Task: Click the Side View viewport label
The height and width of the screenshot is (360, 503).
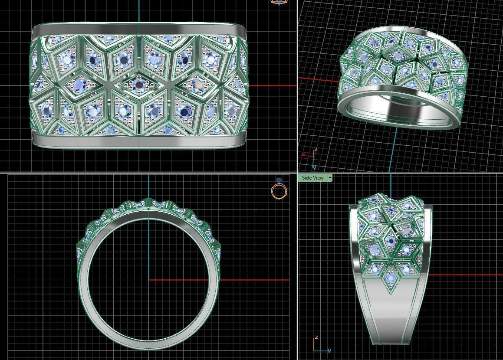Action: (x=312, y=178)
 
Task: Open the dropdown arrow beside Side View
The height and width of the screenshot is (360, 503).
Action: (x=330, y=178)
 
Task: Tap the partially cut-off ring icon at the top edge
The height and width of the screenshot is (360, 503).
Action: (x=279, y=2)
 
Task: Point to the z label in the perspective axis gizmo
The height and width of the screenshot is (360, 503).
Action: (x=316, y=150)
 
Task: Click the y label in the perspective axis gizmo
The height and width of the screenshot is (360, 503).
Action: (x=314, y=167)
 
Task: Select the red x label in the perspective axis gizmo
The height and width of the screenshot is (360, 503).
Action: (x=303, y=154)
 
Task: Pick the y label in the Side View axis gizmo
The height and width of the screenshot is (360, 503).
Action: (x=329, y=350)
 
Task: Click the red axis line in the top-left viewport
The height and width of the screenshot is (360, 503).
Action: (x=271, y=86)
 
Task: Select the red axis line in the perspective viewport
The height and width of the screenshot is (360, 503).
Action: (x=319, y=80)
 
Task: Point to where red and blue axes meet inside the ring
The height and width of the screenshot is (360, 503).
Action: (x=149, y=280)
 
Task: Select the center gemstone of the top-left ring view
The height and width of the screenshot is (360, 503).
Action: (x=139, y=84)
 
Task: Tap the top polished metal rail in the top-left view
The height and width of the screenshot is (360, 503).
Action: (x=139, y=29)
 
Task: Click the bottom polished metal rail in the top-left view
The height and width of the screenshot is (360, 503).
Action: (x=139, y=140)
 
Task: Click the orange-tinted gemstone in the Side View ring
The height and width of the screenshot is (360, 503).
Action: (x=406, y=232)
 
